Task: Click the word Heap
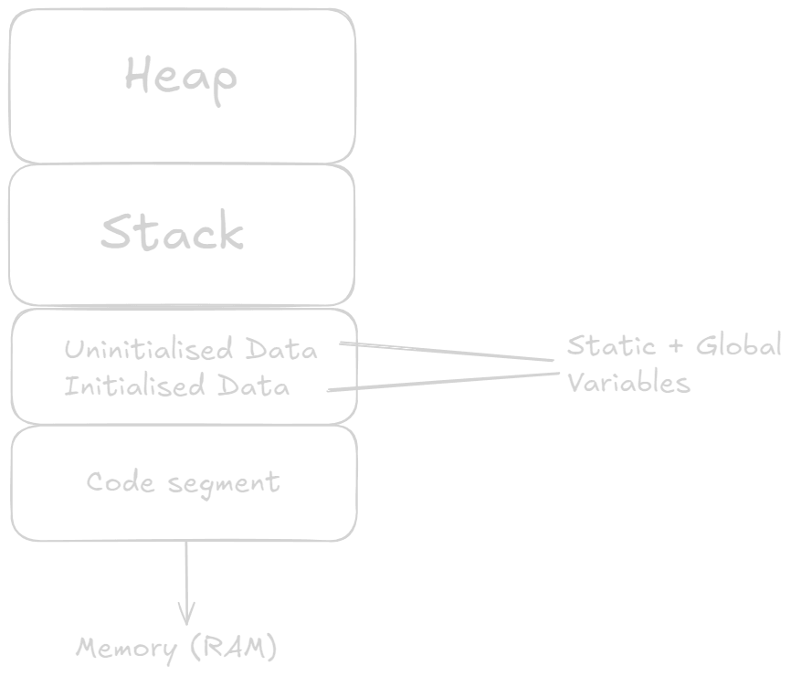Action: pyautogui.click(x=181, y=76)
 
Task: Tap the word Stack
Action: pyautogui.click(x=172, y=232)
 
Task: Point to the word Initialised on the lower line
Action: pyautogui.click(x=134, y=386)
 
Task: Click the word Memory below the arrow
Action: pyautogui.click(x=127, y=649)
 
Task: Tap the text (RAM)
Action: pyautogui.click(x=233, y=649)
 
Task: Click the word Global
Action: pyautogui.click(x=739, y=345)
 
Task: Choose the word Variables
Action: pyautogui.click(x=628, y=382)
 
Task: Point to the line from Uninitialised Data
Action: pyautogui.click(x=448, y=354)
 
